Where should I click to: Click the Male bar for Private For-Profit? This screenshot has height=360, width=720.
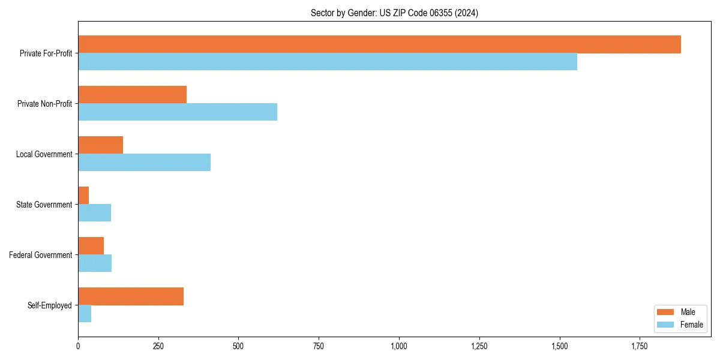pos(379,44)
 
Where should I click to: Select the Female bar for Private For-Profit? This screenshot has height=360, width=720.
pos(328,62)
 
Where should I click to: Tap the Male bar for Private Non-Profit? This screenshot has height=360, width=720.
pos(132,95)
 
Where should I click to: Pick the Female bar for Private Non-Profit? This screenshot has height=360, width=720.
pos(178,112)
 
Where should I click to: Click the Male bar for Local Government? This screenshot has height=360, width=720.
pos(100,145)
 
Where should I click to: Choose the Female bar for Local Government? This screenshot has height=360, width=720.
pos(144,163)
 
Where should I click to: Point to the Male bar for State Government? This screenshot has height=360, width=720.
pos(83,196)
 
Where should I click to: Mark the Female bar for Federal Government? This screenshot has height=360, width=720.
pos(95,263)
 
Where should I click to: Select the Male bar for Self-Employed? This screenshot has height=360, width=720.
pos(131,296)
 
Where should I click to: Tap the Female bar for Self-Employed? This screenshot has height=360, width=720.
pos(85,314)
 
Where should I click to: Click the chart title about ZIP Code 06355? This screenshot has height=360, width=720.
pos(394,13)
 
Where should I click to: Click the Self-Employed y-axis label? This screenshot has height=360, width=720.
pos(50,305)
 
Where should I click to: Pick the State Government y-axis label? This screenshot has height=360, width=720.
pos(44,205)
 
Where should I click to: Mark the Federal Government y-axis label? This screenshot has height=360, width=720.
pos(41,255)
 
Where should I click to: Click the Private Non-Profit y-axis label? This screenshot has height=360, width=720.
pos(44,104)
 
